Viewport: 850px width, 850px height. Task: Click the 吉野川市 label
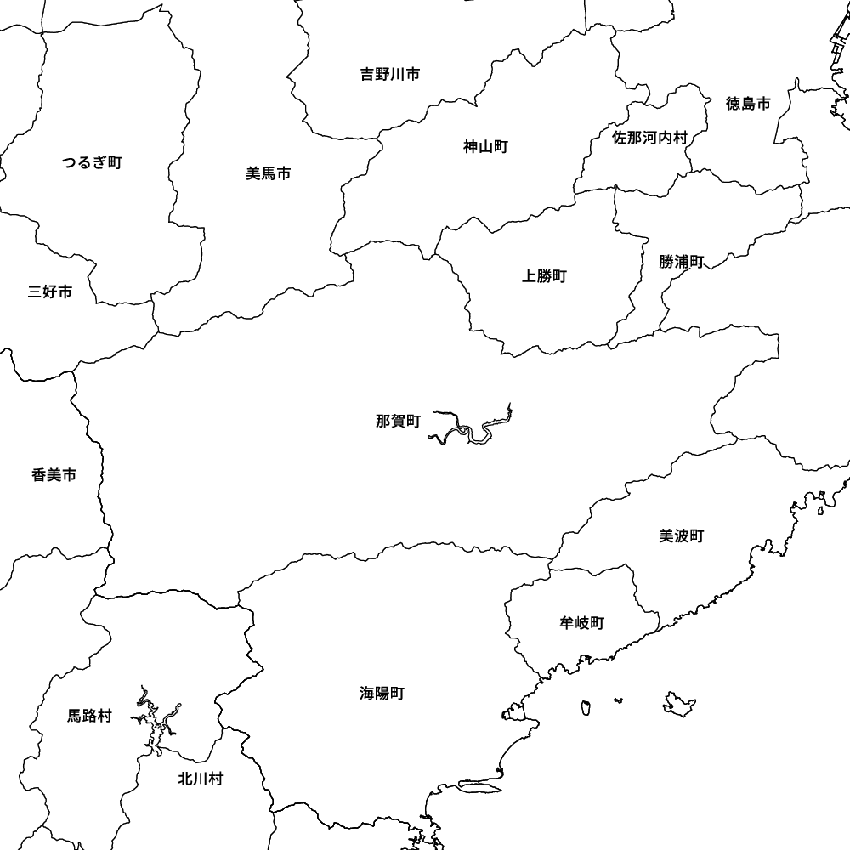389,75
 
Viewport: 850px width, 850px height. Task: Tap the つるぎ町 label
92,162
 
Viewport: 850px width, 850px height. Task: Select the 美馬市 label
269,173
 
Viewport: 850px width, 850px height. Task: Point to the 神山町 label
485,147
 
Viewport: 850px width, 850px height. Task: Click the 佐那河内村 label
649,137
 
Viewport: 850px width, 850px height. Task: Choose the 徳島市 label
748,104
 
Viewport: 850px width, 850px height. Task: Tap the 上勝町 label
544,275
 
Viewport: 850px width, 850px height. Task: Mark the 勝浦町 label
681,262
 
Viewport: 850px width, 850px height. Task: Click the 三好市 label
49,292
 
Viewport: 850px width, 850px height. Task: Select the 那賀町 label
398,421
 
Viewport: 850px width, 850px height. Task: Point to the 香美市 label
54,475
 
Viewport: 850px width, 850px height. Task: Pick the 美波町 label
681,535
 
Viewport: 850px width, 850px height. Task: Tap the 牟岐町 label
581,623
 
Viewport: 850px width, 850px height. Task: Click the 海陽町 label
382,694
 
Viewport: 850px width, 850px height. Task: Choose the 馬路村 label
89,716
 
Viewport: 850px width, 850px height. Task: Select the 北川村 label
200,779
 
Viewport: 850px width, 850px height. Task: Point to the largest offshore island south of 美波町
680,702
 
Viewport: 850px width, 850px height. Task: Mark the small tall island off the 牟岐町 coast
586,706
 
